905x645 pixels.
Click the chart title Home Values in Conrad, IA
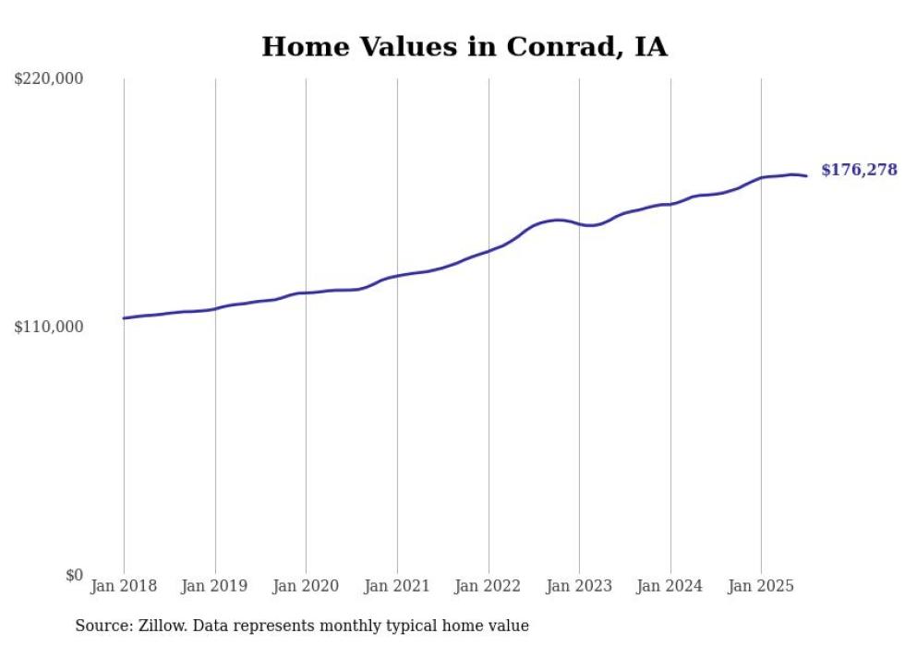464,47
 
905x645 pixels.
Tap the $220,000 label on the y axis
49,79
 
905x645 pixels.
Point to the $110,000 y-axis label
49,327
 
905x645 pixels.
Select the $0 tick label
74,575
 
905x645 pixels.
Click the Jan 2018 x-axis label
124,586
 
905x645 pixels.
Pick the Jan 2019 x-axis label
215,586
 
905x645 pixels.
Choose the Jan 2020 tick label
306,586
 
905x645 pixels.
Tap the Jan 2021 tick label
397,586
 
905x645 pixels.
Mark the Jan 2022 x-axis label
489,586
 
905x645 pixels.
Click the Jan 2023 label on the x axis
579,586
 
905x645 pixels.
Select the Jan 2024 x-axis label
670,586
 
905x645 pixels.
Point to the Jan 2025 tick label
761,586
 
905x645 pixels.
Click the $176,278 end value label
859,170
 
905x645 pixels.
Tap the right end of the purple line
806,175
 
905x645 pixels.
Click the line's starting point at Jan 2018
124,318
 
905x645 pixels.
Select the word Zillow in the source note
157,627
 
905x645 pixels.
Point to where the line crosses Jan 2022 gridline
489,251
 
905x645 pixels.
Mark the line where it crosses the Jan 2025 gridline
761,177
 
